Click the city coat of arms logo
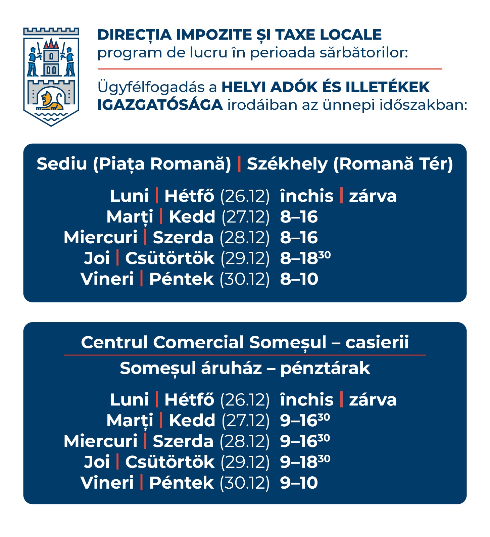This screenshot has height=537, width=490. tap(51, 77)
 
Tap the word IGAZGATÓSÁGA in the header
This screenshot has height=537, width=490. tap(160, 105)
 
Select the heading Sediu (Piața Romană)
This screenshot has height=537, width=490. tap(134, 164)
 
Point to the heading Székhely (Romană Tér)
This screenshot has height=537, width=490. tap(350, 164)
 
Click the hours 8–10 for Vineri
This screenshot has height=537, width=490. tap(299, 279)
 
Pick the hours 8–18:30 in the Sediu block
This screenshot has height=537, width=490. tap(305, 258)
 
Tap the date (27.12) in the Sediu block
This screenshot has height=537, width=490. tap(245, 217)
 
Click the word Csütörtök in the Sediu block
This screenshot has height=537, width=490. tap(169, 258)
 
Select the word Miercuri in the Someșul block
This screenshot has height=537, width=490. tap(101, 441)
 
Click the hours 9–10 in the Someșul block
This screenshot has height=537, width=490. tap(299, 483)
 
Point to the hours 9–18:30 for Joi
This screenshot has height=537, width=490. tap(305, 462)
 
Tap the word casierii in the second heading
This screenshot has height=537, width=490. tap(377, 343)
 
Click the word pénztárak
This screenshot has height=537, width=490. tap(325, 369)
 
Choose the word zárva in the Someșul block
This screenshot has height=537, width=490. tap(373, 400)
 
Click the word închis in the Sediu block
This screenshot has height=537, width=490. tap(307, 196)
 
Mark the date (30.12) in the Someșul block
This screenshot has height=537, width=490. tap(245, 483)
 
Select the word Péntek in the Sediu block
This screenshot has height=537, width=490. tap(181, 279)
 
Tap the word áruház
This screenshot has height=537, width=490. tap(231, 368)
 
